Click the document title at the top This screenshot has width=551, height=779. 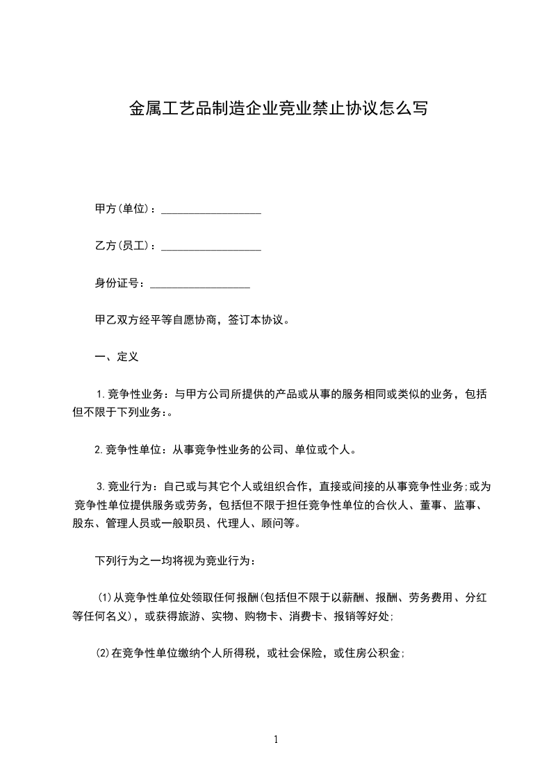(x=278, y=109)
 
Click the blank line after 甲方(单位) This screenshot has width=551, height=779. (x=211, y=210)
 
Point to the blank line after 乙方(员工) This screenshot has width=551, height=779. (x=211, y=247)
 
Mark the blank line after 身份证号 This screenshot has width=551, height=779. (x=200, y=285)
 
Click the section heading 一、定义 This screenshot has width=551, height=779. (x=117, y=357)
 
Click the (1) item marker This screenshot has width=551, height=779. (x=104, y=596)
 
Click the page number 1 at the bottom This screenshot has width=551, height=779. (x=276, y=739)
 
